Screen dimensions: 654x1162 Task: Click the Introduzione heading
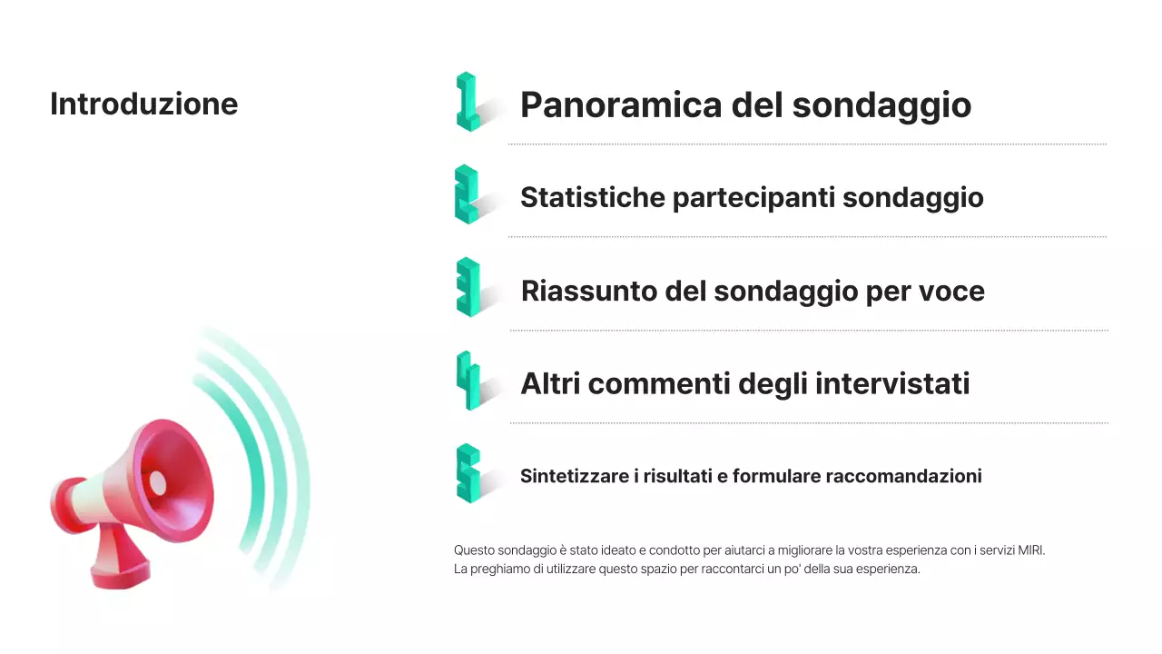click(x=143, y=104)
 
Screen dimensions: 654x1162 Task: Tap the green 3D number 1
click(x=467, y=102)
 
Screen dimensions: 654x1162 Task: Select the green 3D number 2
click(x=466, y=194)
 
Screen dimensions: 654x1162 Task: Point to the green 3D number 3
click(x=468, y=287)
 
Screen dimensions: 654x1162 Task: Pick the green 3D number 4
click(x=468, y=381)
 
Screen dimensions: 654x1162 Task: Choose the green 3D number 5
click(x=468, y=473)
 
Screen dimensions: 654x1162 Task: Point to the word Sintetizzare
click(x=573, y=476)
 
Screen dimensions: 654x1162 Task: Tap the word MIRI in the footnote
click(x=1029, y=550)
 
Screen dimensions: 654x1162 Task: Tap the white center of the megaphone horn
click(x=158, y=482)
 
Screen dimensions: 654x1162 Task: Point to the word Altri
click(x=549, y=384)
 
